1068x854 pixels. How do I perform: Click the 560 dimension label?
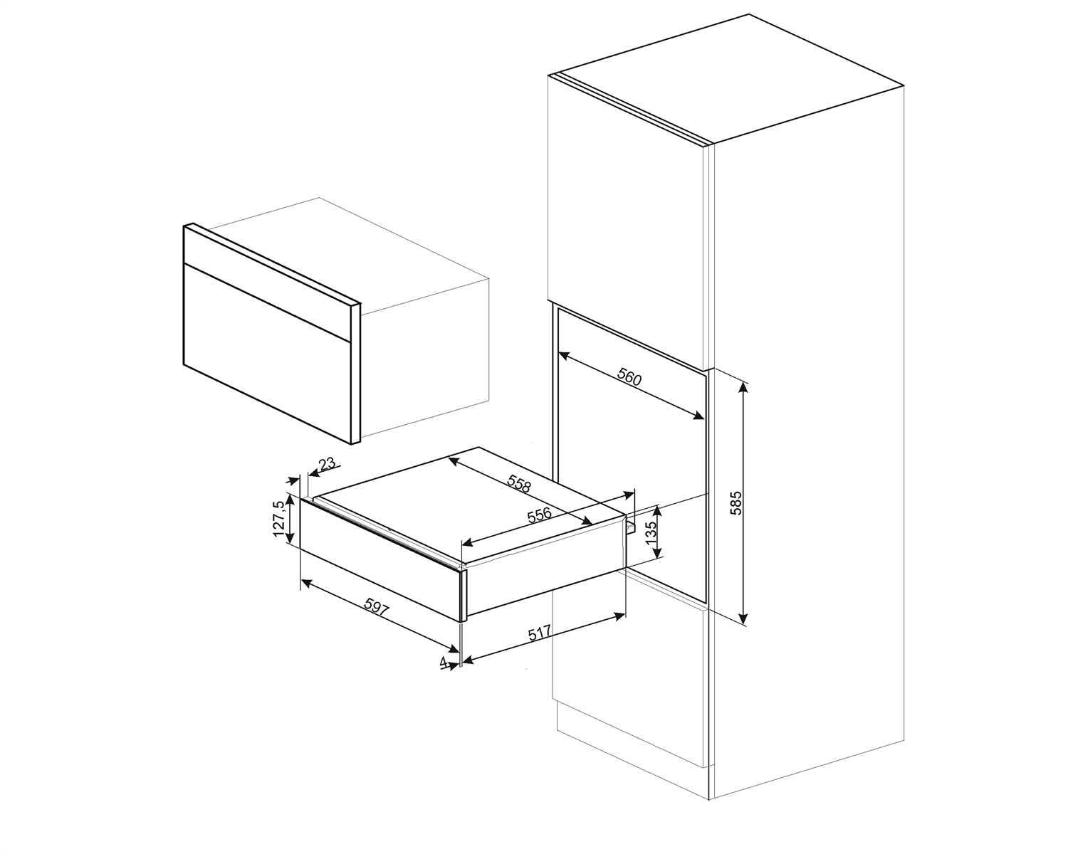pyautogui.click(x=629, y=377)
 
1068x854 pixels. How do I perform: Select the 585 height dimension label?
pyautogui.click(x=736, y=502)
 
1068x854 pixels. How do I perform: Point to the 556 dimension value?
pyautogui.click(x=540, y=516)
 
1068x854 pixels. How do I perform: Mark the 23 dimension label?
pyautogui.click(x=327, y=465)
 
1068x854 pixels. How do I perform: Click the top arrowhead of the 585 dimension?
pyautogui.click(x=744, y=386)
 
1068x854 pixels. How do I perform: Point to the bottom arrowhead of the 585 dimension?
pyautogui.click(x=744, y=621)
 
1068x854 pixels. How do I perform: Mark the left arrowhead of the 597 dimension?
pyautogui.click(x=305, y=583)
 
